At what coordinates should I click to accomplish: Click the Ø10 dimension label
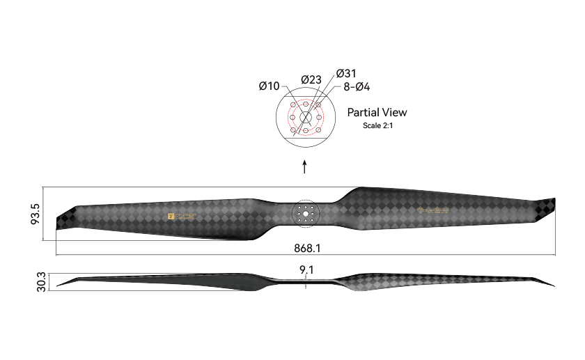coord(269,86)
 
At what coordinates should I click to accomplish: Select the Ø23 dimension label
coord(311,80)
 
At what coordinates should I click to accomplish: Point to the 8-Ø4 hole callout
coord(357,87)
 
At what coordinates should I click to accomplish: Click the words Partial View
coord(377,112)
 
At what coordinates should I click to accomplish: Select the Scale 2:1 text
coord(377,125)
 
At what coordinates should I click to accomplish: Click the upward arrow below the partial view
coord(304,167)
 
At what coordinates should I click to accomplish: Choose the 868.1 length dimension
coord(306,247)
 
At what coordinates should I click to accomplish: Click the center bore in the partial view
coord(305,117)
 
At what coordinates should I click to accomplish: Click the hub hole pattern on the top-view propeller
coord(305,212)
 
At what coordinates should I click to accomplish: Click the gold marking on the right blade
coord(432,210)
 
